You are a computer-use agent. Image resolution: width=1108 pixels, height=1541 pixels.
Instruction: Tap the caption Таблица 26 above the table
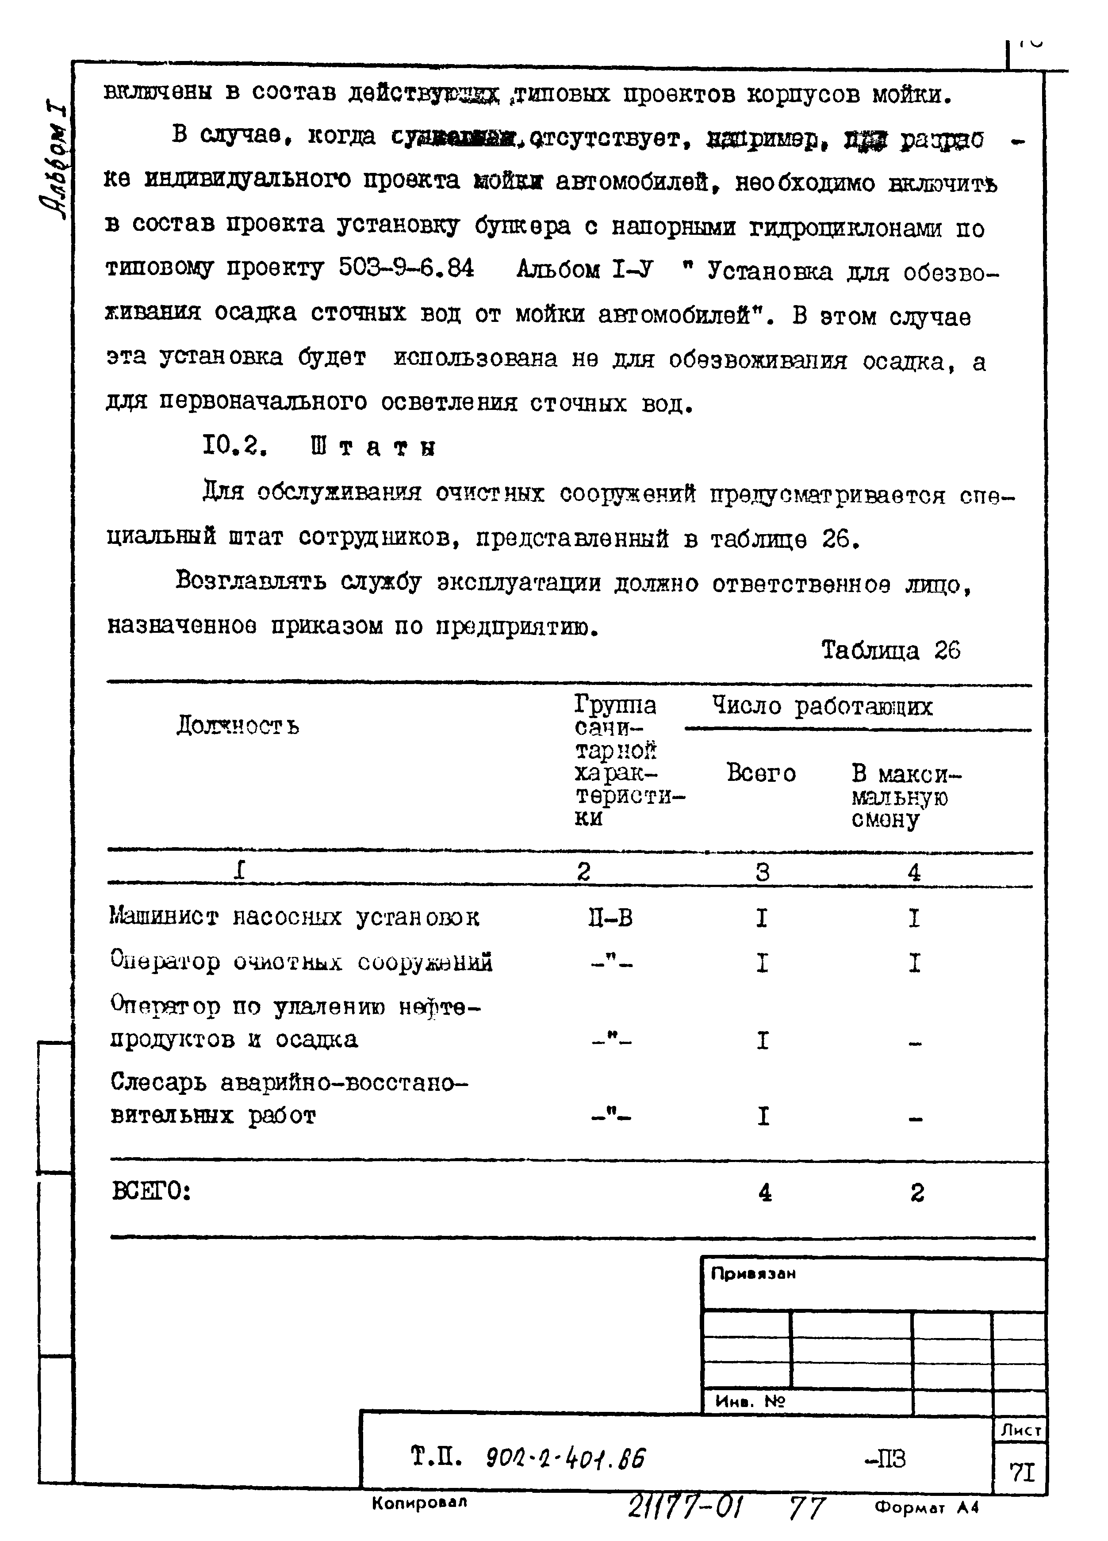pos(890,650)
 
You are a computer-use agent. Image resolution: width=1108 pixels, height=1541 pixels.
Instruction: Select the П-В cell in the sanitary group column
pos(610,918)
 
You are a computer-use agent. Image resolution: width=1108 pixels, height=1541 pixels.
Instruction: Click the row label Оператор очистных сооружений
pos(301,962)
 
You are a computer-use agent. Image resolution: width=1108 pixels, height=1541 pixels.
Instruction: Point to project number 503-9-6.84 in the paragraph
pos(406,269)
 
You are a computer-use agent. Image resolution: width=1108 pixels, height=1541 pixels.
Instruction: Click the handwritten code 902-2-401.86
pos(566,1457)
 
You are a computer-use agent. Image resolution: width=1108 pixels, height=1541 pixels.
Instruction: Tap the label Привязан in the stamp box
pos(752,1274)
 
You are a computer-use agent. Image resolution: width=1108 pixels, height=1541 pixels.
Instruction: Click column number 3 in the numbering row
pos(762,872)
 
